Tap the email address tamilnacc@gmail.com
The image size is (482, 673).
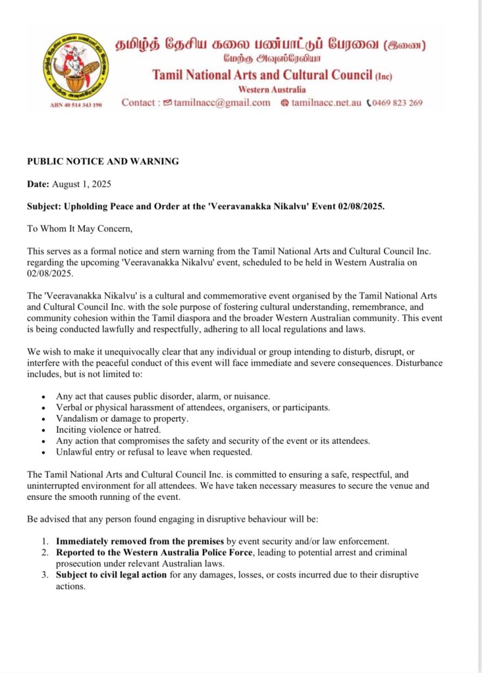point(223,103)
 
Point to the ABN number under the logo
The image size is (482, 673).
point(76,105)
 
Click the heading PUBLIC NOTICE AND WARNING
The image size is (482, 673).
point(103,161)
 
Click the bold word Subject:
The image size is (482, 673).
point(45,207)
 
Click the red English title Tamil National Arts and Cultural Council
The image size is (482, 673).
point(262,75)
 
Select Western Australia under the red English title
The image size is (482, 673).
point(272,89)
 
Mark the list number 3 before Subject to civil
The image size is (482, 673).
point(43,575)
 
